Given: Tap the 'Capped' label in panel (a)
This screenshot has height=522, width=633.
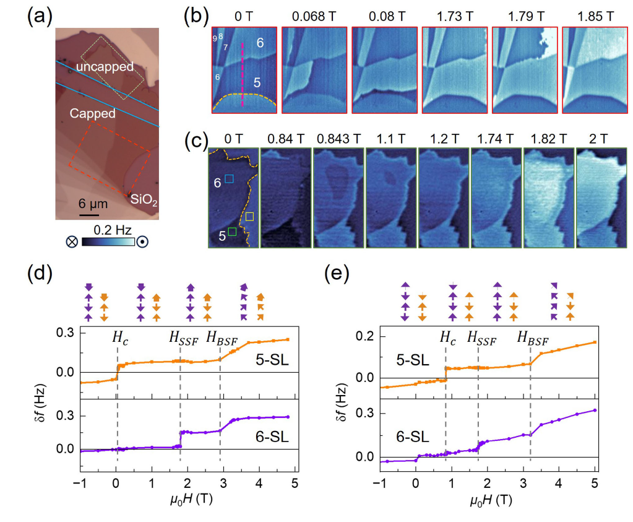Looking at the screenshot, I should pyautogui.click(x=92, y=113).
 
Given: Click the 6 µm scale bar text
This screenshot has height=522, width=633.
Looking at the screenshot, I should pyautogui.click(x=94, y=202).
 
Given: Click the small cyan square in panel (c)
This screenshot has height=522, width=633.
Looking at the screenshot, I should pyautogui.click(x=229, y=178).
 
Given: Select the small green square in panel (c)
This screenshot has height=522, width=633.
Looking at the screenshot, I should pyautogui.click(x=232, y=232).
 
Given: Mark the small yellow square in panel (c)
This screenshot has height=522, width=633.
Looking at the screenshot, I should pyautogui.click(x=249, y=217).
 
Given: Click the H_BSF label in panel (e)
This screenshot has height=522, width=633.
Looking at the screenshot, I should pyautogui.click(x=533, y=338).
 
